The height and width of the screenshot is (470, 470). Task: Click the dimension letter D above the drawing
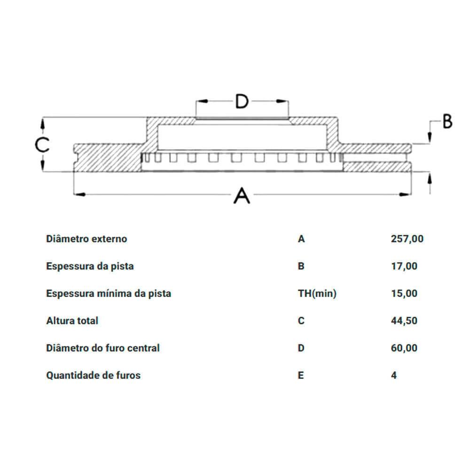pos(242,102)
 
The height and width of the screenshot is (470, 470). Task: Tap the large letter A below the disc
pos(242,196)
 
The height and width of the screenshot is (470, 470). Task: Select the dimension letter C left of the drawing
pos(42,145)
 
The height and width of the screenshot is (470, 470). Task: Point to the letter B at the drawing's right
pos(447,121)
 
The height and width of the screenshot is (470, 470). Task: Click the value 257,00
pos(407,239)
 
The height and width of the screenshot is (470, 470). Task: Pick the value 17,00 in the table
pos(404,266)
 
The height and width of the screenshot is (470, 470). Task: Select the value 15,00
pos(404,293)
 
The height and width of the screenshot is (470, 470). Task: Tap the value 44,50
pos(404,321)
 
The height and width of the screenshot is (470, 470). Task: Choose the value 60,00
pos(404,348)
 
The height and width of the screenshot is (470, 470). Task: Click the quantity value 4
pos(394,375)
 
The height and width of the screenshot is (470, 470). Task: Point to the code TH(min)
pos(317,293)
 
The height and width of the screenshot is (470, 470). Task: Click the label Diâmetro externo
pos(86,239)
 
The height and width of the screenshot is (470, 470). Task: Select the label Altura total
pos(72,321)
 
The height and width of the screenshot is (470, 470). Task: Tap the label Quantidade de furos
pos(93,375)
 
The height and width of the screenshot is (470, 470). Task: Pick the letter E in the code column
pos(301,375)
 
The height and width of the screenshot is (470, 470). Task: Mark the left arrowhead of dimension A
pos(79,195)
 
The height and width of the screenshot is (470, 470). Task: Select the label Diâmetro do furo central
pos(103,348)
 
